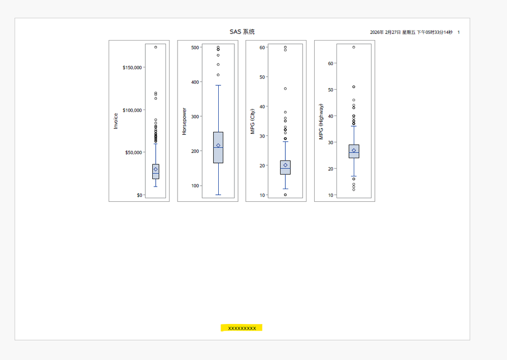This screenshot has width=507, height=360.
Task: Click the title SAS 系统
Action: [242, 31]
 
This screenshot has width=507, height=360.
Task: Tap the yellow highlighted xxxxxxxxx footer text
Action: [242, 329]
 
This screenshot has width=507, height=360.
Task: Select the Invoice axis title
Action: [115, 121]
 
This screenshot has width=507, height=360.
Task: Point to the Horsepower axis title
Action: [184, 122]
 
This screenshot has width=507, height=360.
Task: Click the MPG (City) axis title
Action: [253, 121]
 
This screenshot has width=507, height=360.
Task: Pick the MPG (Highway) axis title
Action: [321, 122]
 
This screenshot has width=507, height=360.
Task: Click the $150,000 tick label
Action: [132, 67]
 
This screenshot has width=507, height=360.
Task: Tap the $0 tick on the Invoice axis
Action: [140, 195]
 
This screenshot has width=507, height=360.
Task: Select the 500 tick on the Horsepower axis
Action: [195, 48]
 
